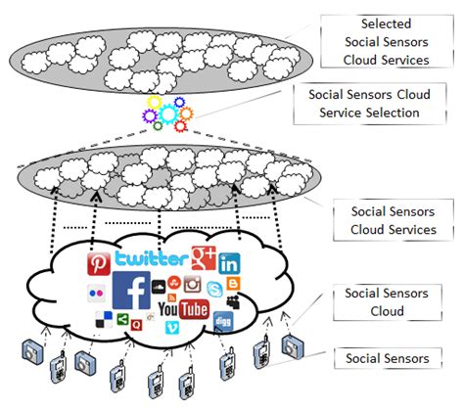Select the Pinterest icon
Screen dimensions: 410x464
99,264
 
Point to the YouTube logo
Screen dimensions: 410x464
183,310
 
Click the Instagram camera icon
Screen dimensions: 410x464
192,285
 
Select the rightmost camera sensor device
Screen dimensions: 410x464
291,345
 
